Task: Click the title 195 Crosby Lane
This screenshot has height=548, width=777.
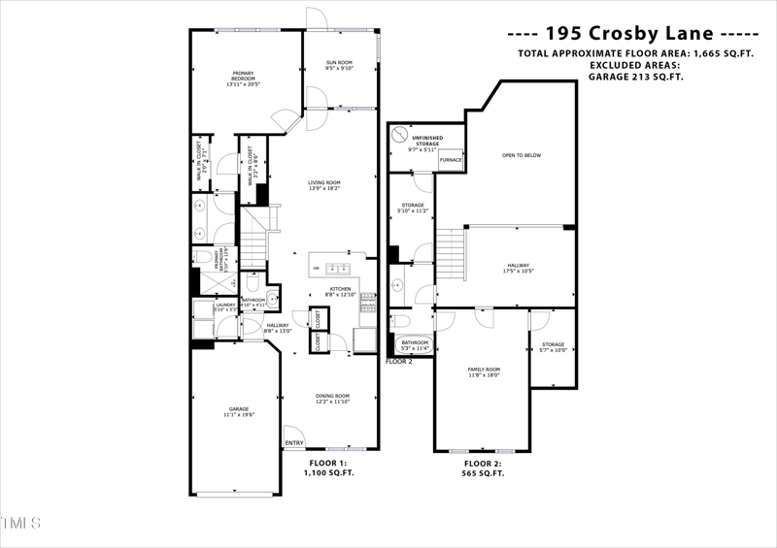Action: tap(635, 31)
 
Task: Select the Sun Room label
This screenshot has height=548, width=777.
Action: tap(339, 66)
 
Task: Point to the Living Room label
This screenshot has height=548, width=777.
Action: tap(323, 185)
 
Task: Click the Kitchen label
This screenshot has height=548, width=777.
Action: tap(339, 292)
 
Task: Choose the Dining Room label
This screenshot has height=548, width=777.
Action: tap(332, 399)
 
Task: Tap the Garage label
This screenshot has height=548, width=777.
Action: tap(238, 412)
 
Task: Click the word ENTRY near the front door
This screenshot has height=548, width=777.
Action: tap(294, 444)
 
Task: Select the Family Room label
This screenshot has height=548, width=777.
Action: tap(484, 371)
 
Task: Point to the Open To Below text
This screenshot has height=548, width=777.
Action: tap(522, 155)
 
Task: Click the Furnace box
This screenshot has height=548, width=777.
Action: tap(450, 160)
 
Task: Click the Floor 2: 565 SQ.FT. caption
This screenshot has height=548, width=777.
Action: tap(484, 468)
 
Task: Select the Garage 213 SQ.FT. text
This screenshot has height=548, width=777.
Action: tap(636, 76)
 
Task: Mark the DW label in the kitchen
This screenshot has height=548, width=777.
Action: tap(316, 269)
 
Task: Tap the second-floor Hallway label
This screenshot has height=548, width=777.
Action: tap(518, 267)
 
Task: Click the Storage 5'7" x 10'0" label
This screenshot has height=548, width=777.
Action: tap(554, 347)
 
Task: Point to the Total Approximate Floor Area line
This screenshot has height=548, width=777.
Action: tap(636, 53)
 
